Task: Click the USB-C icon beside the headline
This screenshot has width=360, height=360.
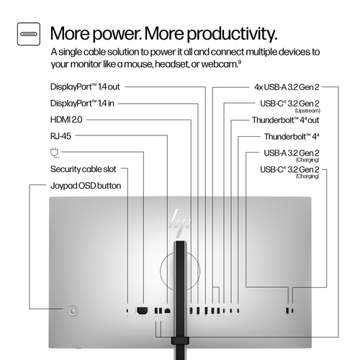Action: [x=30, y=34]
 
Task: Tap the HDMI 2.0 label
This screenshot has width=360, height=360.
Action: [x=67, y=120]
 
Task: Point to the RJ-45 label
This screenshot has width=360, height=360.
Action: [x=61, y=135]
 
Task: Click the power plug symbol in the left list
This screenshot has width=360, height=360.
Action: [x=54, y=152]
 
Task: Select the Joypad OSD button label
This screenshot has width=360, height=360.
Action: [x=85, y=185]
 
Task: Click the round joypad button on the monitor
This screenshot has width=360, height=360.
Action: [x=71, y=310]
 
